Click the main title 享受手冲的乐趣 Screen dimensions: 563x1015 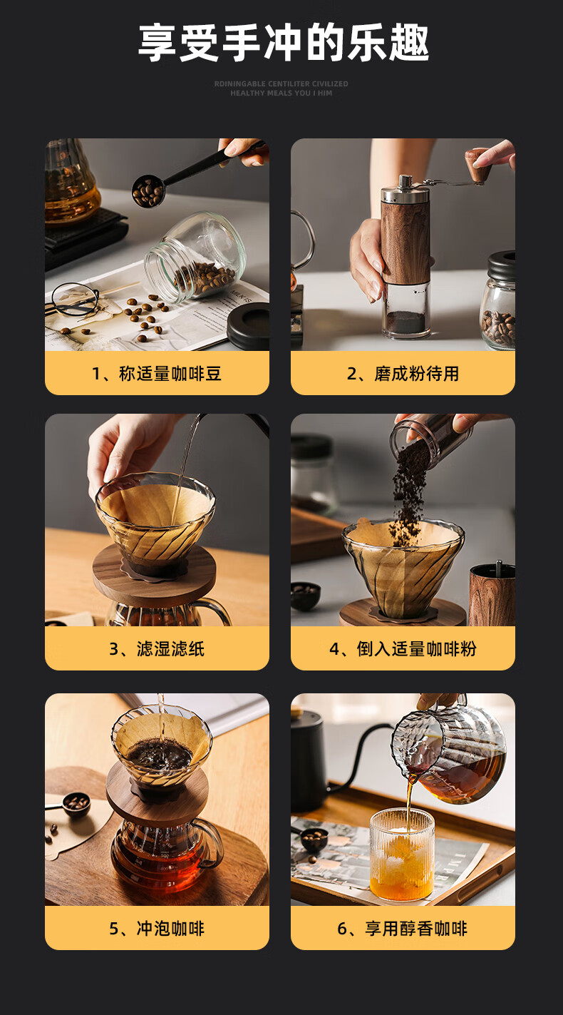[x=284, y=43]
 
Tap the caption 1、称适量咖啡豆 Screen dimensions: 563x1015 [x=157, y=374]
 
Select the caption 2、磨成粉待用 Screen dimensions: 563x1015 [x=403, y=374]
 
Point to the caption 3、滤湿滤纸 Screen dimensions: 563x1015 [x=157, y=649]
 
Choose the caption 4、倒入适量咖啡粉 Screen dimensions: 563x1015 [x=403, y=649]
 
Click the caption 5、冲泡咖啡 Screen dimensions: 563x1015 [x=157, y=929]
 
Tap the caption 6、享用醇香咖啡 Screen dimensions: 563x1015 [x=403, y=929]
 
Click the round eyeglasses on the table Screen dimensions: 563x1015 [x=75, y=299]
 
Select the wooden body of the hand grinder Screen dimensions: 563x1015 [x=405, y=240]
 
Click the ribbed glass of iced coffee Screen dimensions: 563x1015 [x=402, y=854]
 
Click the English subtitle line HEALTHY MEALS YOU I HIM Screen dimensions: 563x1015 [x=281, y=93]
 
